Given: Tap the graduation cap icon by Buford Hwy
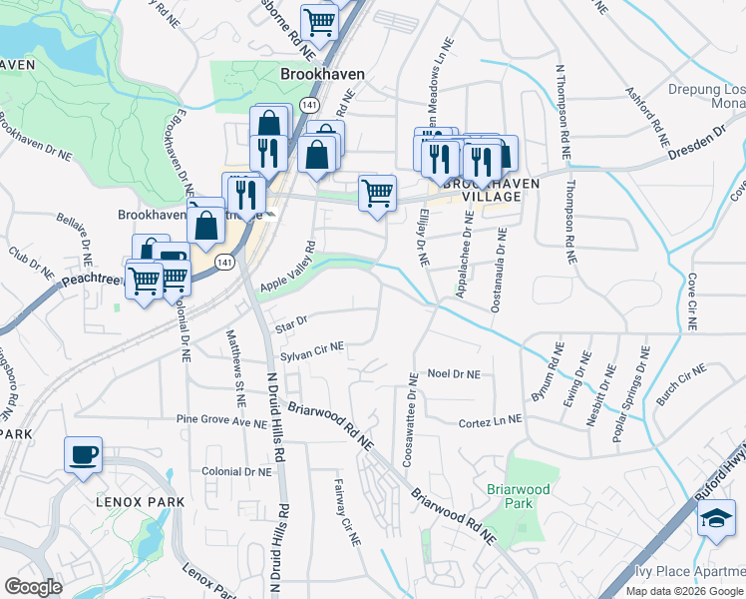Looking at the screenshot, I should [716, 519].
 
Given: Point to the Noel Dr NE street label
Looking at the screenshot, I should [454, 373].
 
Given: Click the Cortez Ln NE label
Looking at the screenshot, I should [490, 423].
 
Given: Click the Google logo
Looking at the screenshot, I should [33, 587].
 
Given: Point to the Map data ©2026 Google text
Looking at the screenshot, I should [684, 591].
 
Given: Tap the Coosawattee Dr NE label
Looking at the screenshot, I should [408, 420].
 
